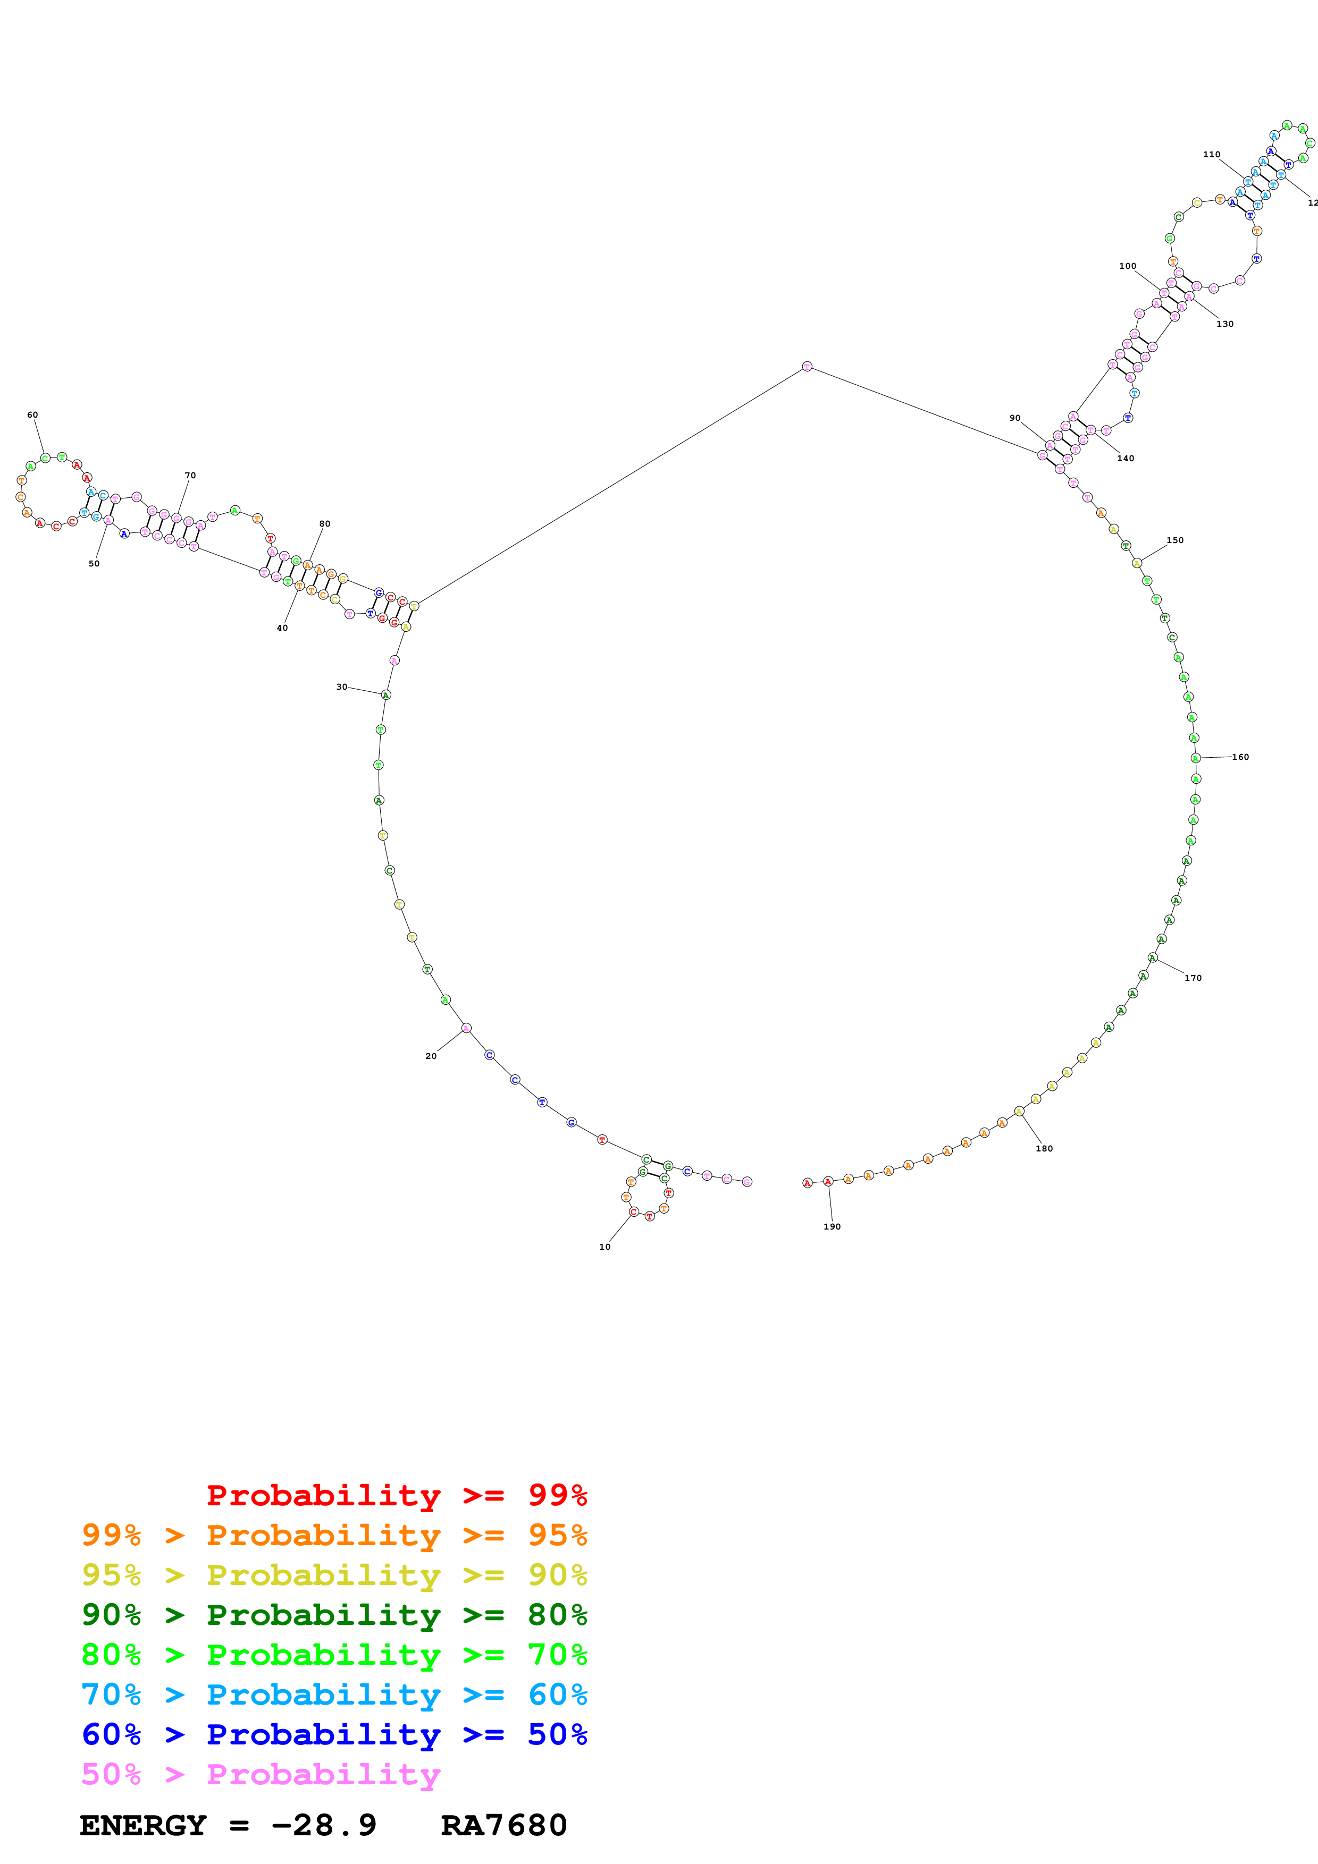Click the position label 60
32,415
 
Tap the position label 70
190,476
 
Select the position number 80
325,523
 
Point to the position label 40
282,628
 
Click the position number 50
94,563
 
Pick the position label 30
342,687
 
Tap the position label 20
431,1056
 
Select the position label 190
832,1227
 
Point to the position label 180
1044,1149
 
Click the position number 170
1193,978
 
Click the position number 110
1212,154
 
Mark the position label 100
1128,266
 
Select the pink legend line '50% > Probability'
261,1775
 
